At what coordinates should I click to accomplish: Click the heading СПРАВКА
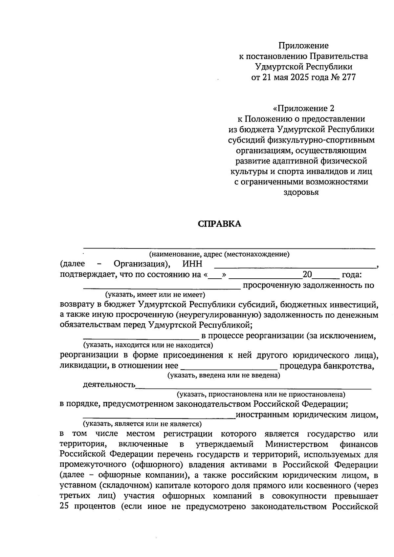[x=219, y=224]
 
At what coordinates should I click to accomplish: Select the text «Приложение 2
[x=303, y=108]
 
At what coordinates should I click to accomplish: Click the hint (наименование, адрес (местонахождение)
[x=219, y=254]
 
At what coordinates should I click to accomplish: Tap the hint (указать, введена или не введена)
[x=224, y=375]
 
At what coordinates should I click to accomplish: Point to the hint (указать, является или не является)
[x=142, y=424]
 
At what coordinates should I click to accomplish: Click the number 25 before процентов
[x=65, y=506]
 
